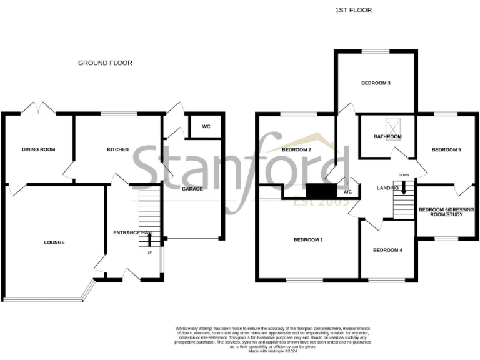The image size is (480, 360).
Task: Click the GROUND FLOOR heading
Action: click(x=105, y=62)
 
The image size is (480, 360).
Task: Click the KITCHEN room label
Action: click(x=118, y=149)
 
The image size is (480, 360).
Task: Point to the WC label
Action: click(x=206, y=127)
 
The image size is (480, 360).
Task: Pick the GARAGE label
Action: click(x=192, y=189)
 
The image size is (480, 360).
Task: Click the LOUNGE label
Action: click(x=54, y=242)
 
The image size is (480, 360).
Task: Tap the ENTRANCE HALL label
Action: click(x=133, y=232)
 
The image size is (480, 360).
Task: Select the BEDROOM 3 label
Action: click(x=376, y=82)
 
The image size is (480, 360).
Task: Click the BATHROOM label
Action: click(x=387, y=136)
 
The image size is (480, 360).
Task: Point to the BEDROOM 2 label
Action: click(x=297, y=150)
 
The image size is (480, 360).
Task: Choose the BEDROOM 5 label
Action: click(x=446, y=150)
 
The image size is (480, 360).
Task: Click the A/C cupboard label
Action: click(x=347, y=192)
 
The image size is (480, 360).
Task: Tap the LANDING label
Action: click(x=388, y=187)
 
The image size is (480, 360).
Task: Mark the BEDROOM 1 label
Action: click(x=308, y=239)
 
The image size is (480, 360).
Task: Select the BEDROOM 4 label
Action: click(x=387, y=251)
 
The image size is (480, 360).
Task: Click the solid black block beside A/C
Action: click(x=322, y=191)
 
